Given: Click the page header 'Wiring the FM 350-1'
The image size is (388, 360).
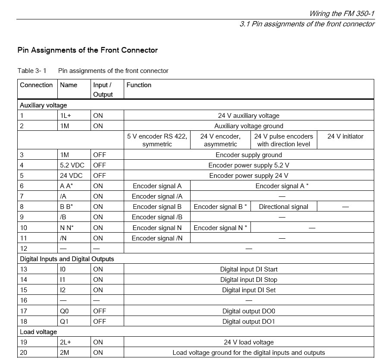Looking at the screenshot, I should pos(341,13).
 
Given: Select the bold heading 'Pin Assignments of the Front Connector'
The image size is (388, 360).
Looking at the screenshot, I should pos(88,50).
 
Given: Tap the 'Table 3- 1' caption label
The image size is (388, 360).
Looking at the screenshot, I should pos(32,71).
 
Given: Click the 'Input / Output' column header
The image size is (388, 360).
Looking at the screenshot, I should pos(103,89).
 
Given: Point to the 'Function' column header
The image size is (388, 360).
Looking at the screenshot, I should pos(139,85).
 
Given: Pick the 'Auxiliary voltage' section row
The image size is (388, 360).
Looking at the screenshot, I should pos(44,105).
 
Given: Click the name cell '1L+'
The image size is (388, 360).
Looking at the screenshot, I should pos(67,115).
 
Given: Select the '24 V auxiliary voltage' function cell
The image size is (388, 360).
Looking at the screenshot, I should pos(249,115).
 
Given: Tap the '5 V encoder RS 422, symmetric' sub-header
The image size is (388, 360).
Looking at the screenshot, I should pos(157,140).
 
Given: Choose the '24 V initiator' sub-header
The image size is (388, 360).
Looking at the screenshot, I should pos(345,136).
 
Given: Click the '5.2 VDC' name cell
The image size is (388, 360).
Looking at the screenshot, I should pos(71,165).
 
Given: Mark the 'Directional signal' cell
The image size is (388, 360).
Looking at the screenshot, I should pos(284,207).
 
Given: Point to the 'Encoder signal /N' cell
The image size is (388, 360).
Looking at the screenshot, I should pos(157,238).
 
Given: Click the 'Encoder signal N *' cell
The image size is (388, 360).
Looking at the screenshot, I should pos(220,227).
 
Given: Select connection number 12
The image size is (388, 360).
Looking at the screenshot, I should pos(24,248).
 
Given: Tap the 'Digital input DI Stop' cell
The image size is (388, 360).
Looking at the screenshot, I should pos(249,280).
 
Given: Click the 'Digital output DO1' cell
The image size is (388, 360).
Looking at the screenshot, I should pos(249,321).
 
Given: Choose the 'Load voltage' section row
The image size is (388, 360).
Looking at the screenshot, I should pos(38,332).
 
